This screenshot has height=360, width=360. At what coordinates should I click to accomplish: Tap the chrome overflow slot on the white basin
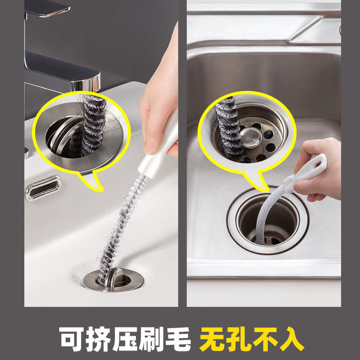[43, 188]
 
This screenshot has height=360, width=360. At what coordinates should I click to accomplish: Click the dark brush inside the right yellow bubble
[227, 126]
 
